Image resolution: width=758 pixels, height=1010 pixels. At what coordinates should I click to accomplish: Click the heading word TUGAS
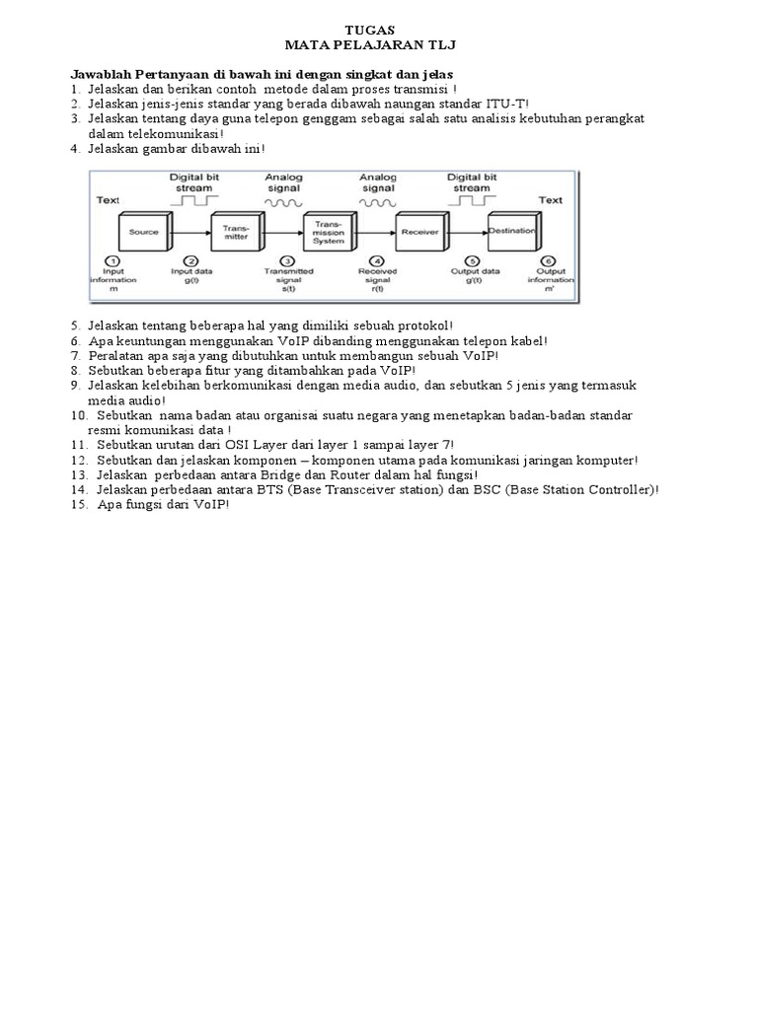pos(378,31)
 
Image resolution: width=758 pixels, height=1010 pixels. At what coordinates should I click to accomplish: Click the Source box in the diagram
pos(144,233)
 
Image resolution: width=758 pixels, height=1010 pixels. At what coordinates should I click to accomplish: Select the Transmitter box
pos(236,233)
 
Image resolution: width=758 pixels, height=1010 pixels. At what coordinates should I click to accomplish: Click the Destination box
pos(512,233)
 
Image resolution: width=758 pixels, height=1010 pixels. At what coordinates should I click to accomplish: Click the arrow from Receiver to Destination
pos(469,233)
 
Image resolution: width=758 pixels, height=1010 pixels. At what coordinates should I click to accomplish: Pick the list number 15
pos(78,504)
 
